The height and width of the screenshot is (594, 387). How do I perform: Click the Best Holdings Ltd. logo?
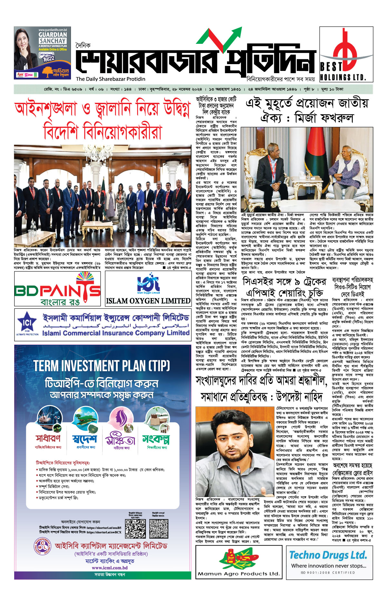pyautogui.click(x=346, y=54)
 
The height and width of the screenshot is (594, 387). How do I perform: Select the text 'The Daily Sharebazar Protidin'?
pyautogui.click(x=111, y=79)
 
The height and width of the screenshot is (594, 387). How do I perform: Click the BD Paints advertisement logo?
pyautogui.click(x=58, y=289)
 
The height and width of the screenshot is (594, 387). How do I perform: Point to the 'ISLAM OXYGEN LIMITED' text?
pyautogui.click(x=148, y=301)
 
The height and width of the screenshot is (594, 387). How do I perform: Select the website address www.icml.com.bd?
pyautogui.click(x=109, y=568)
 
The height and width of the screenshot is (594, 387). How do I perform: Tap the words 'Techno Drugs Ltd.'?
pyautogui.click(x=328, y=555)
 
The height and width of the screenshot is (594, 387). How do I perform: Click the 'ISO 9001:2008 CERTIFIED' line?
pyautogui.click(x=327, y=572)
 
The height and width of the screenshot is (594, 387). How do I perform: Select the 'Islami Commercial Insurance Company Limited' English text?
pyautogui.click(x=115, y=333)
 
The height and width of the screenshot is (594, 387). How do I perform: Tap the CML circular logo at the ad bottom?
pyautogui.click(x=42, y=547)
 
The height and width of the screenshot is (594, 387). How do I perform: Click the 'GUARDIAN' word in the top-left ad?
pyautogui.click(x=53, y=34)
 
